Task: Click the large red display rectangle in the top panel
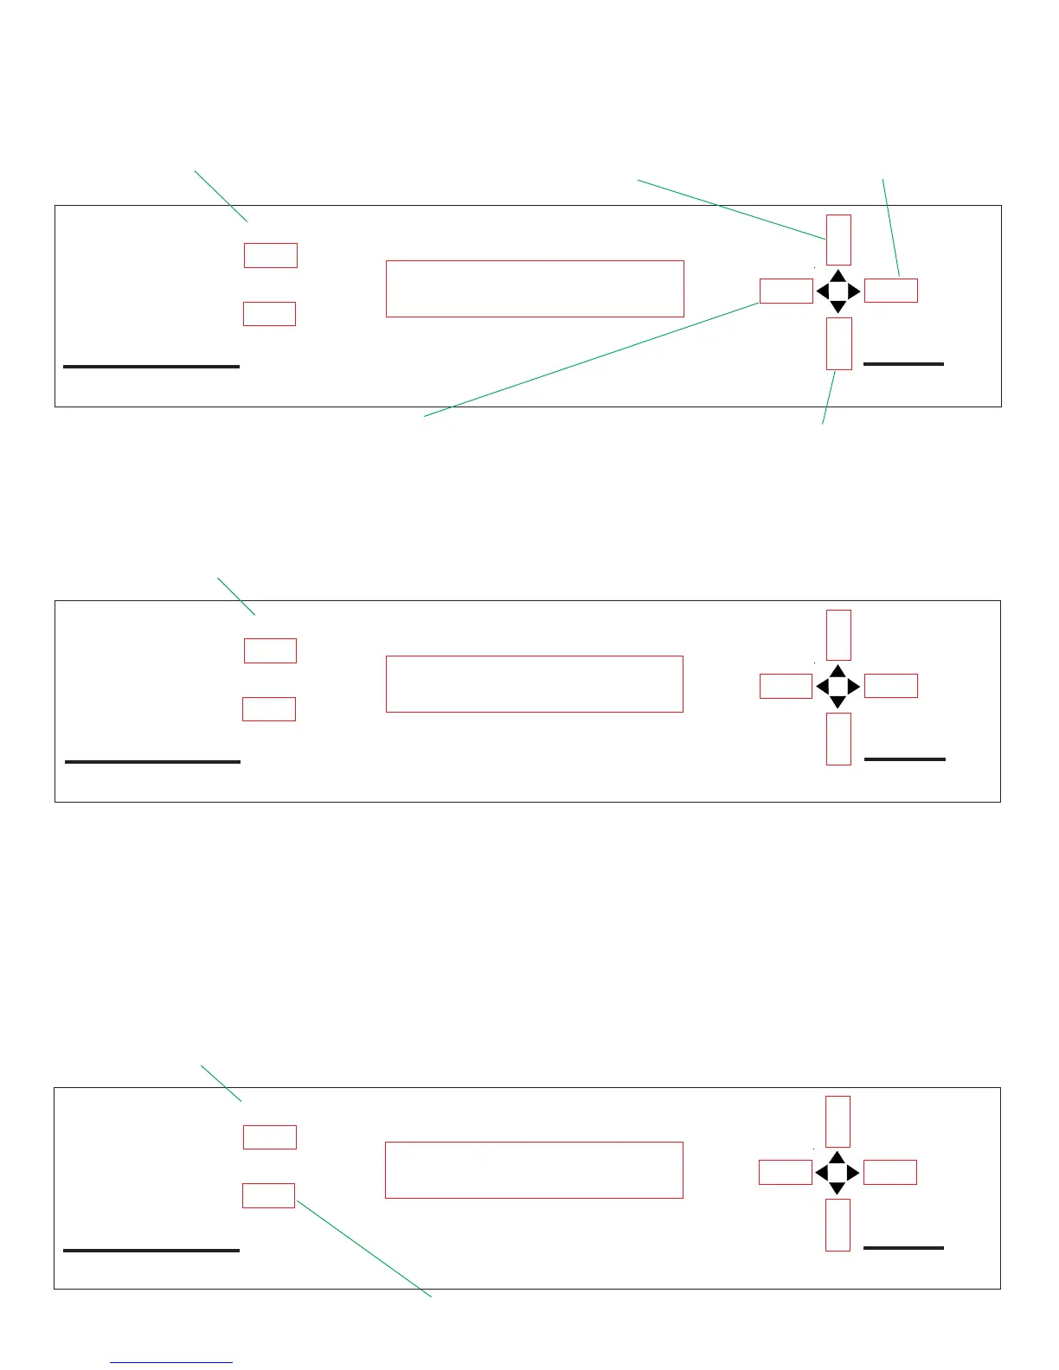(535, 289)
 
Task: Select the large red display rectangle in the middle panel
(535, 684)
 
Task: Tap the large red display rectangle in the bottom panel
(534, 1170)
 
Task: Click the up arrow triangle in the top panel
(838, 276)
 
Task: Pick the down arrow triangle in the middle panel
(838, 702)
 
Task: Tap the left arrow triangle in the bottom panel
(821, 1173)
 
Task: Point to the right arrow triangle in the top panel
(854, 291)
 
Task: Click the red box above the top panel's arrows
(838, 240)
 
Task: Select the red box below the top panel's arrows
(838, 343)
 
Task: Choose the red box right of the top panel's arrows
(891, 291)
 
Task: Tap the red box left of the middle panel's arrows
(786, 686)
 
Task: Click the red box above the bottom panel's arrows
(838, 1121)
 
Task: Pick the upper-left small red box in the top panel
(271, 255)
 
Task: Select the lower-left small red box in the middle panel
(269, 709)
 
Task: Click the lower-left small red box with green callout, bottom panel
(269, 1195)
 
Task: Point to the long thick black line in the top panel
(151, 367)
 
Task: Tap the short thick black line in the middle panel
(905, 759)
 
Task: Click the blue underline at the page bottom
(171, 1362)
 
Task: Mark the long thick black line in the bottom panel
(151, 1251)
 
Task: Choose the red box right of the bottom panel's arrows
(890, 1172)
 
